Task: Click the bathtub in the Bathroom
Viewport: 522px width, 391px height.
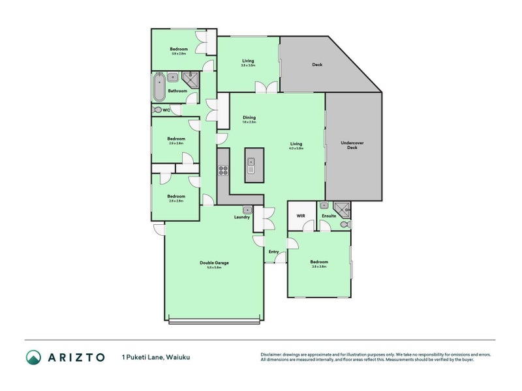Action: pyautogui.click(x=159, y=88)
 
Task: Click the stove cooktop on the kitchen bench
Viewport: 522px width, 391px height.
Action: pyautogui.click(x=223, y=171)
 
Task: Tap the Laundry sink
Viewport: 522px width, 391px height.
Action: pyautogui.click(x=247, y=210)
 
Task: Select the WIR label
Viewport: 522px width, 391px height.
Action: pyautogui.click(x=301, y=215)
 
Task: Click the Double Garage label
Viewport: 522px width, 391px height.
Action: pyautogui.click(x=214, y=263)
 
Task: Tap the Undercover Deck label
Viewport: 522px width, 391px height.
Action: pyautogui.click(x=352, y=145)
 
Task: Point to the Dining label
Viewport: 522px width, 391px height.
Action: pyautogui.click(x=249, y=118)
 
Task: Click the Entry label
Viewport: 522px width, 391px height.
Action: pyautogui.click(x=273, y=252)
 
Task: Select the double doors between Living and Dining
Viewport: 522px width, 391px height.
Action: pyautogui.click(x=266, y=87)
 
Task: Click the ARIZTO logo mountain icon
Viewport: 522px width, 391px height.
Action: pyautogui.click(x=33, y=357)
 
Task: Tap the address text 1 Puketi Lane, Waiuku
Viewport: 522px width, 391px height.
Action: pyautogui.click(x=155, y=357)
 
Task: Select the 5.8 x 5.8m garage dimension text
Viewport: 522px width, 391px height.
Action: pyautogui.click(x=214, y=268)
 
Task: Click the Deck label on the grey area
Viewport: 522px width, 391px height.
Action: pyautogui.click(x=317, y=65)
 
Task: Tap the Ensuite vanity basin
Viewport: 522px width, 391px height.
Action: pyautogui.click(x=323, y=205)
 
